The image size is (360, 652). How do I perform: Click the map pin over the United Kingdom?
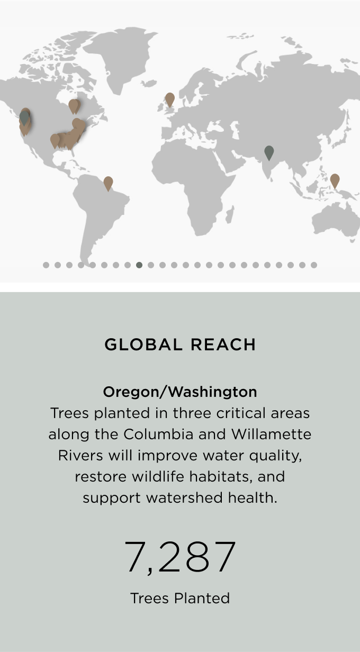tap(170, 99)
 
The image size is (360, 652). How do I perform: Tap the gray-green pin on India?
tap(269, 153)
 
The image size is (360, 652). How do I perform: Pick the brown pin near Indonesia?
tap(335, 181)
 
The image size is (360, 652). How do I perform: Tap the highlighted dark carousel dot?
tap(139, 265)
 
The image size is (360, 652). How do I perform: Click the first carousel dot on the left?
tap(46, 265)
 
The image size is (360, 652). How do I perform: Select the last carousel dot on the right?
tap(314, 265)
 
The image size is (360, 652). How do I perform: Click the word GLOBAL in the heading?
tap(143, 345)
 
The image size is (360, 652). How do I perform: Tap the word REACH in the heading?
tap(223, 345)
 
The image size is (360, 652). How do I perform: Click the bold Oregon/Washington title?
tap(180, 392)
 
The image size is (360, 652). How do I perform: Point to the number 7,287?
tap(180, 557)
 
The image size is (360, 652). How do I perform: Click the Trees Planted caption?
tap(180, 598)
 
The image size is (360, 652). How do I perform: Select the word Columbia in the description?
tap(158, 434)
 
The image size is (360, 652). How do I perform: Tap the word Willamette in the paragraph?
tap(272, 434)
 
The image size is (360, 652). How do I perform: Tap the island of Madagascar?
tap(230, 213)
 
